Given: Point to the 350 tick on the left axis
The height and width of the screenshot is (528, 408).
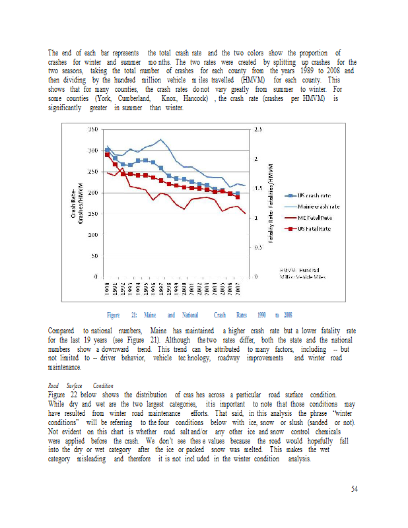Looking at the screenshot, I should click(x=94, y=130).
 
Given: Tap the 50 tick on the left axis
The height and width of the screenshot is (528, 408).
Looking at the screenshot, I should click(x=96, y=255).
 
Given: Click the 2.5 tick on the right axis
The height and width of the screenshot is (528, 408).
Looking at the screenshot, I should click(x=257, y=130).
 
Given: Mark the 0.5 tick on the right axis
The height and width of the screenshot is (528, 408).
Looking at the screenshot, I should click(x=257, y=247).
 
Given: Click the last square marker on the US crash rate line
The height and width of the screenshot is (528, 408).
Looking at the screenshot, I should click(x=238, y=193).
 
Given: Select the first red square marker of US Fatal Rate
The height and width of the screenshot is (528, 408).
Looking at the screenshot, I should click(x=108, y=154).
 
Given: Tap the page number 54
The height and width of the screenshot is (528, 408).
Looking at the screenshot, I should click(x=354, y=488).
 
